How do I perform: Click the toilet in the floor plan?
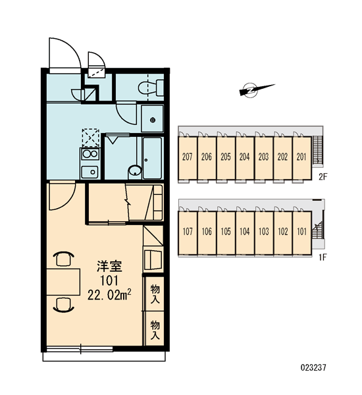(151, 88)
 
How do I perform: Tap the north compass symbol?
(255, 90)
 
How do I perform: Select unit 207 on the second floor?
(188, 159)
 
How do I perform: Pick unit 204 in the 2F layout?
(244, 159)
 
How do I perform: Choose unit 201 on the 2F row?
(301, 159)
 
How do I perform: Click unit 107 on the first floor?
(188, 233)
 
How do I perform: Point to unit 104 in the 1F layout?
(244, 233)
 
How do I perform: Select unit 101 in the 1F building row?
(302, 233)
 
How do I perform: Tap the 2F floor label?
(323, 177)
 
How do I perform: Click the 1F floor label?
(323, 257)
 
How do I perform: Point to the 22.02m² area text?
(109, 294)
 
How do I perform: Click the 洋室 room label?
(109, 267)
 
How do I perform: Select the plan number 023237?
(313, 367)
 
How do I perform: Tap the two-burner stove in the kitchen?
(90, 154)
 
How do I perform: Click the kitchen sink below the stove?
(90, 172)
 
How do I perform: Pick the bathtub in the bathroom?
(152, 158)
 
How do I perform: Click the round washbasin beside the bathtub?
(135, 172)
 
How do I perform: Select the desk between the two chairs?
(63, 282)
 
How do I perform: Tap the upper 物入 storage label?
(155, 294)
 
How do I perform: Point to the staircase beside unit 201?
(317, 151)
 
